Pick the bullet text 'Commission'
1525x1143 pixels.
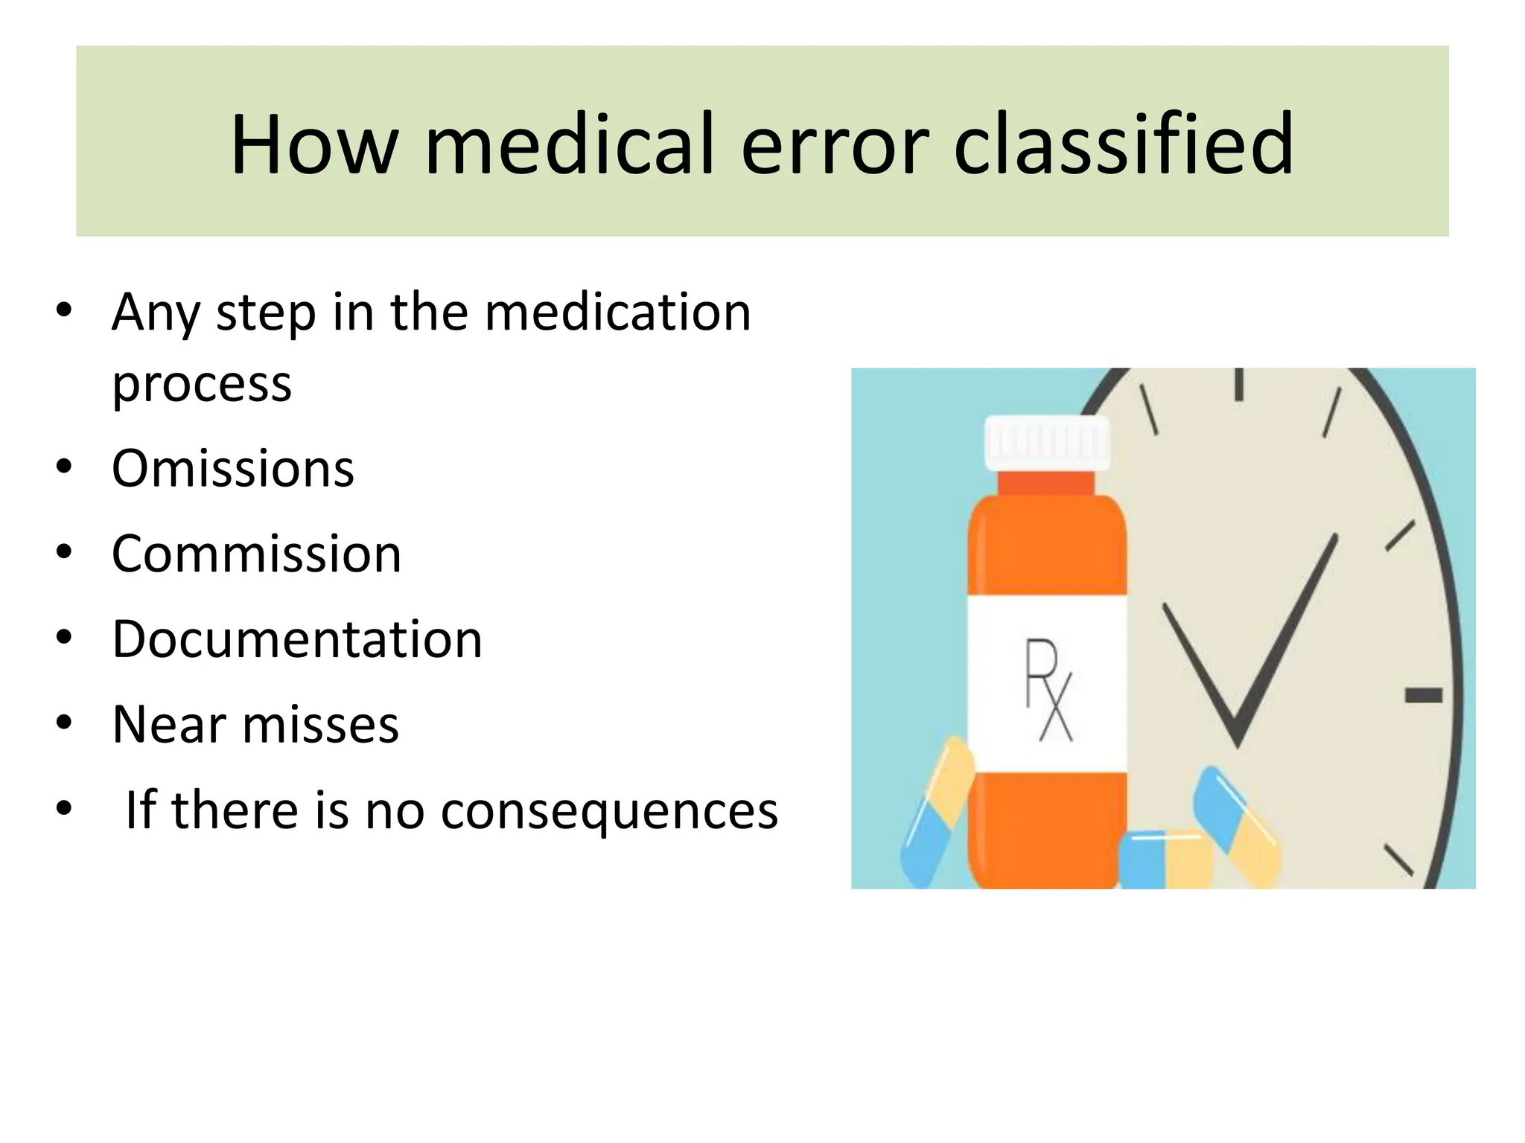(256, 554)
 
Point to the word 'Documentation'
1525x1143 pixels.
(297, 640)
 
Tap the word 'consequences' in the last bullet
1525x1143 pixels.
(609, 810)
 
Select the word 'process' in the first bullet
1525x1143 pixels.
(202, 385)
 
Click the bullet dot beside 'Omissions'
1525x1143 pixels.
(64, 468)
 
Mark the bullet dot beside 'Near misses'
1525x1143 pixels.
(64, 723)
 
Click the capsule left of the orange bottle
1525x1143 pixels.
(936, 813)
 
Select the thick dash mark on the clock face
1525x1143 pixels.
(1423, 696)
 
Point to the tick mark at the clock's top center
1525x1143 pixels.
(1239, 385)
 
